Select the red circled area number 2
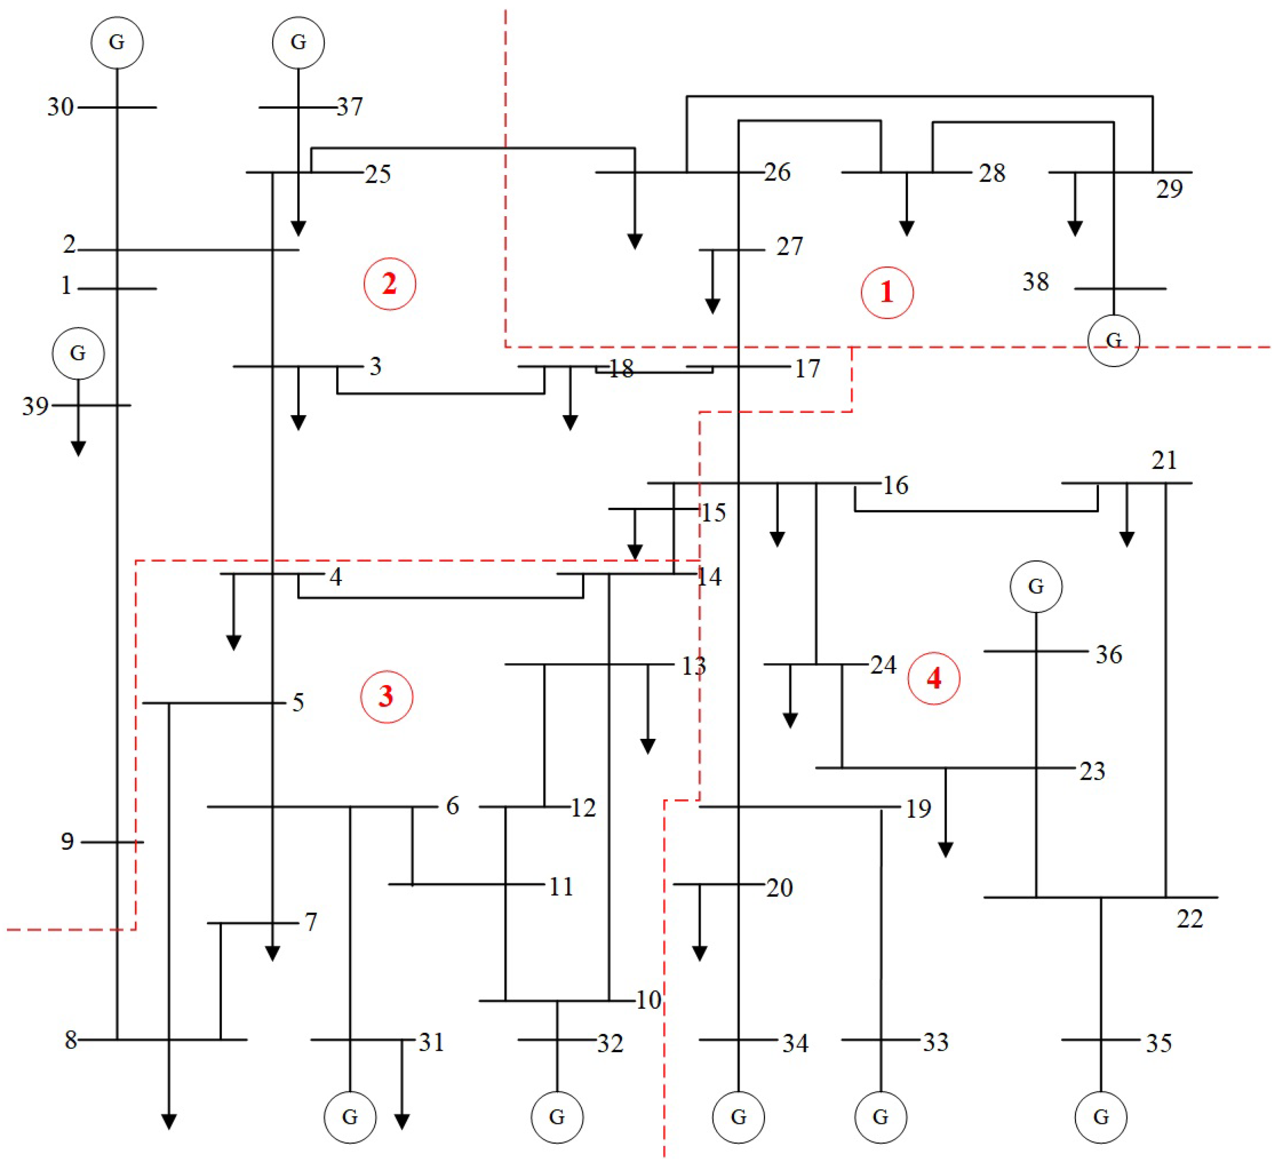point(389,284)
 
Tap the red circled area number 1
point(886,292)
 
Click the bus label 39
point(35,406)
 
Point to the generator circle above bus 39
point(78,353)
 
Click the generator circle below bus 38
point(1113,341)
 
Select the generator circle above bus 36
point(1035,586)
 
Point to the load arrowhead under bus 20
point(699,954)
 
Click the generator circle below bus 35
point(1101,1117)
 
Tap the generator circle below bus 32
point(557,1117)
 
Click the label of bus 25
point(377,174)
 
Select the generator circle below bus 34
point(738,1117)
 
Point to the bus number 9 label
point(67,841)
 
